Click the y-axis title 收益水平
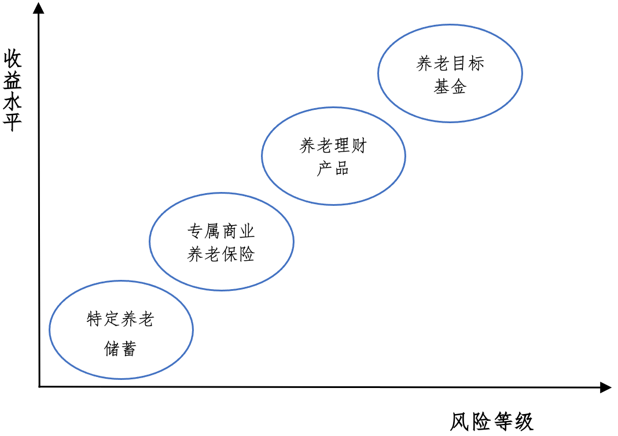[x=13, y=90]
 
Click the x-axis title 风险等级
[x=491, y=422]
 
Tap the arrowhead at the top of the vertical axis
[x=39, y=9]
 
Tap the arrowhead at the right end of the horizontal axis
[x=605, y=387]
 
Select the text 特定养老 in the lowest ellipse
[x=120, y=319]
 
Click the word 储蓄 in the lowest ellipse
[x=120, y=348]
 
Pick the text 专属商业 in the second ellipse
[x=221, y=232]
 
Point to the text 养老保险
[x=221, y=254]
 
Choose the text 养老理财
[x=333, y=146]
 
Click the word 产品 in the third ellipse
[x=333, y=168]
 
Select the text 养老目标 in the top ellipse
[x=450, y=64]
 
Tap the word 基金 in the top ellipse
[x=450, y=86]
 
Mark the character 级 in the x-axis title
[x=523, y=422]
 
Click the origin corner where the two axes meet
[x=39, y=386]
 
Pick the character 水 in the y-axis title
[x=13, y=101]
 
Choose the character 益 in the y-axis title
[x=13, y=80]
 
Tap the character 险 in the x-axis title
[x=481, y=422]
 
